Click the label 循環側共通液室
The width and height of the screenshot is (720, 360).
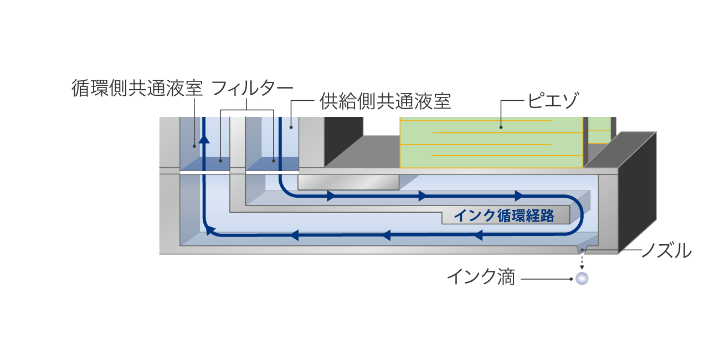137,88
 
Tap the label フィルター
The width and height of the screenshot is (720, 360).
252,88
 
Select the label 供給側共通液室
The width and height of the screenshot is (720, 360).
385,101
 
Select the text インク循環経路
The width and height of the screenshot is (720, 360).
503,216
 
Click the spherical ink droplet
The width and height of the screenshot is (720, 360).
582,279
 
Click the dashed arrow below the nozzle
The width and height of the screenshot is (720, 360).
582,263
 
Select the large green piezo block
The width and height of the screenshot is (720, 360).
491,142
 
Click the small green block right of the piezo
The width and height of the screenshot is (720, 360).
599,130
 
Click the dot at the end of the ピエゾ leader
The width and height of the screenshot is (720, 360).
501,127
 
